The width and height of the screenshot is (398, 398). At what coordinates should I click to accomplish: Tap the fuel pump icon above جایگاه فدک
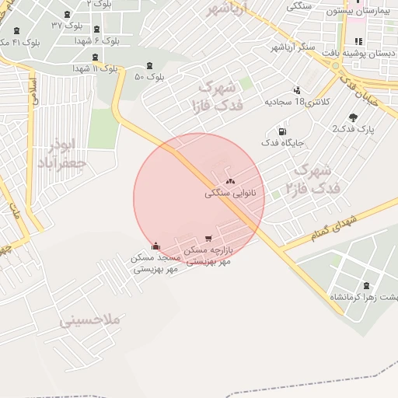point(281,131)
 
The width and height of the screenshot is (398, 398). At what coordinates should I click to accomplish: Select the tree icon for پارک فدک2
point(354,117)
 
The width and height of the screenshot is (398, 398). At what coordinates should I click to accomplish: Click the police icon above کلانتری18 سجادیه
point(297,90)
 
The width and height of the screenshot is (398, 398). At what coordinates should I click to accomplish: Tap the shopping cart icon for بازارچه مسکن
point(208,238)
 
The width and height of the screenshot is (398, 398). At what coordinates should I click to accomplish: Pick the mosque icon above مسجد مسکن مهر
point(156,246)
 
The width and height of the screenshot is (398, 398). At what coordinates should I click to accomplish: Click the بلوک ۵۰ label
point(150,77)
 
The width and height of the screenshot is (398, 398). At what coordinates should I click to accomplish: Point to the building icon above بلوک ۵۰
point(149,65)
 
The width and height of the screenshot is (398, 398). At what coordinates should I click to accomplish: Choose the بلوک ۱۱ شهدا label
point(94,68)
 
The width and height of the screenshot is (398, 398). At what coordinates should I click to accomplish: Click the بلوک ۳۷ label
point(68,25)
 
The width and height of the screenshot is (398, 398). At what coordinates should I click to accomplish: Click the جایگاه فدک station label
point(281,143)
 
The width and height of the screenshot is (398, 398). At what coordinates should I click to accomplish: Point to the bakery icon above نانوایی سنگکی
point(230,181)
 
